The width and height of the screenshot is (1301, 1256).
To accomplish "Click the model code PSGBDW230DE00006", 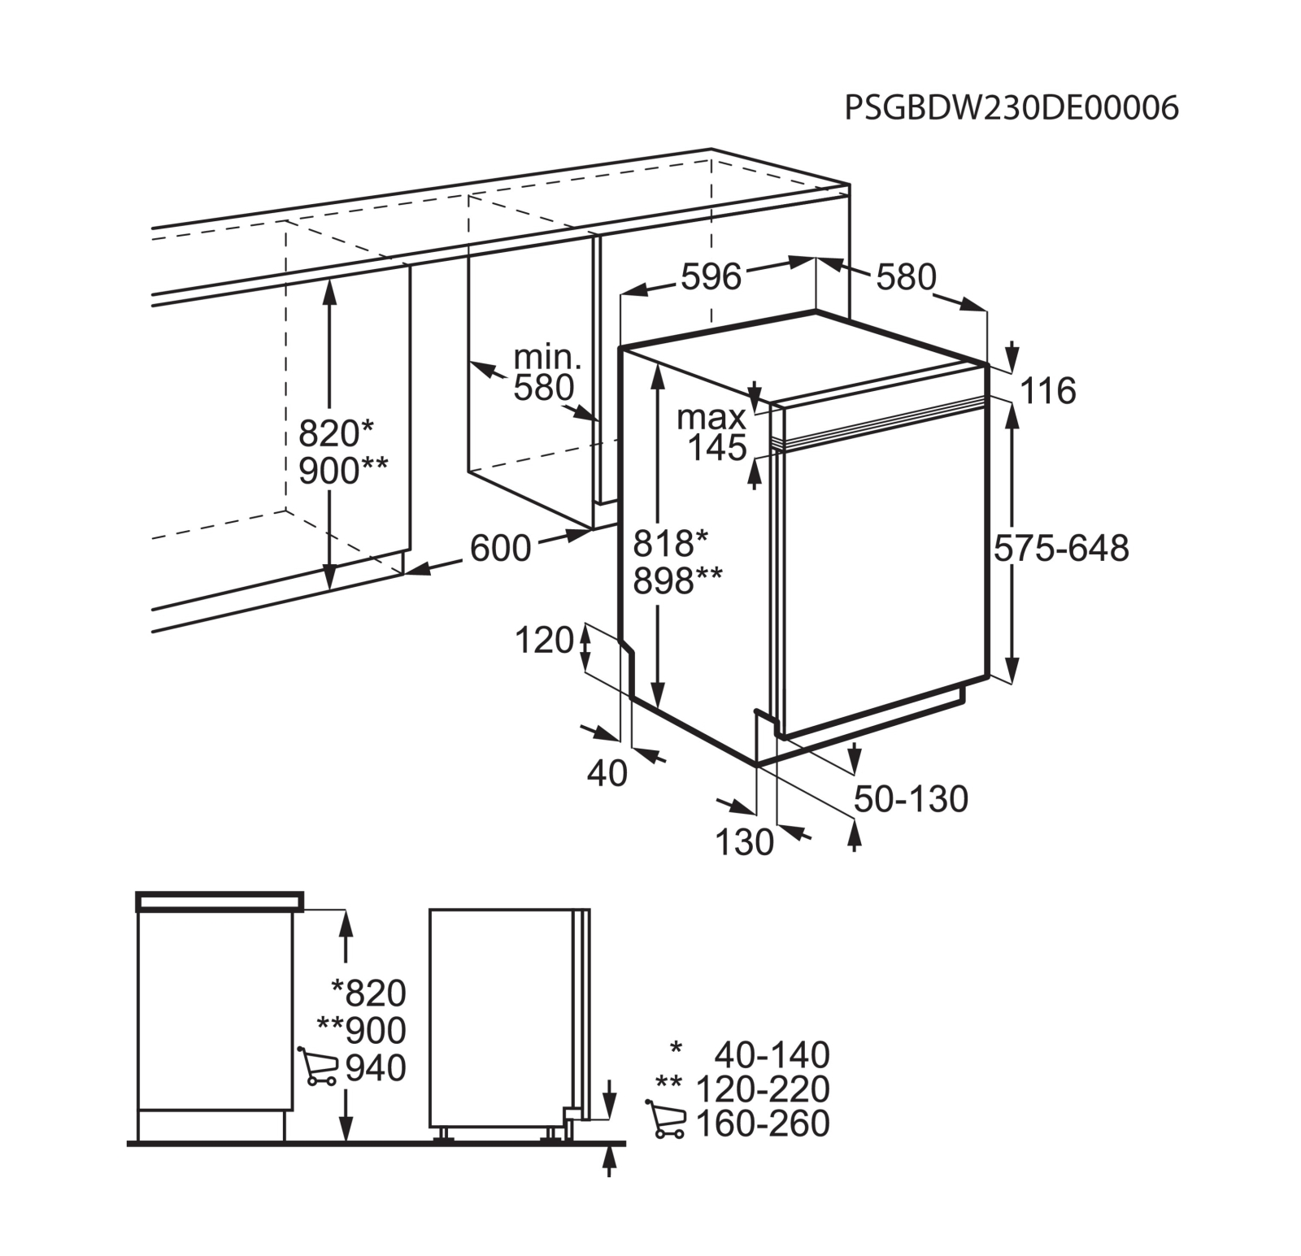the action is click(x=1012, y=107).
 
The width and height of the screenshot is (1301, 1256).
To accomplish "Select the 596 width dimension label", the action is click(x=711, y=277).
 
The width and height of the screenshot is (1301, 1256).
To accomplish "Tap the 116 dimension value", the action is click(x=1048, y=391).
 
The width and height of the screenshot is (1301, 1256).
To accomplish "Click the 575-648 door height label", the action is click(x=1061, y=549).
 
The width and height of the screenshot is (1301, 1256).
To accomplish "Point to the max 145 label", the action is click(x=712, y=432).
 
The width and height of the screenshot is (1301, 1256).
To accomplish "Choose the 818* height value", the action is click(x=671, y=543).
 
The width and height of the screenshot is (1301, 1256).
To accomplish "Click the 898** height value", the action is click(x=677, y=580).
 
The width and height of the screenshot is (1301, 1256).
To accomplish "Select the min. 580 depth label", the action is click(x=546, y=373).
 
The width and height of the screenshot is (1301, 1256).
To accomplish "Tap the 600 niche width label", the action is click(x=500, y=549).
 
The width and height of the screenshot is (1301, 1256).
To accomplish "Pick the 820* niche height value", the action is click(x=336, y=433).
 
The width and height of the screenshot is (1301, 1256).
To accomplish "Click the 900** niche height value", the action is click(x=343, y=471).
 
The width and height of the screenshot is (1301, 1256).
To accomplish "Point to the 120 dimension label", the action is click(x=545, y=641).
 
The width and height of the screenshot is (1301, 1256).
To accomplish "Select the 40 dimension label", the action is click(x=607, y=774).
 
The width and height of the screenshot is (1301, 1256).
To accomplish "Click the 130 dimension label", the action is click(x=744, y=843).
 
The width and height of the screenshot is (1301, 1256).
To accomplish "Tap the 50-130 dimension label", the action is click(x=911, y=800).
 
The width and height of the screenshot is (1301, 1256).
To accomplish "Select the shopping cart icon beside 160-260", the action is click(x=665, y=1119).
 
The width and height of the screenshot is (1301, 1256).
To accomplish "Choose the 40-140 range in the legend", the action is click(x=772, y=1055).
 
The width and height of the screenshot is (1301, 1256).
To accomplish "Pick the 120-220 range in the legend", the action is click(x=763, y=1089).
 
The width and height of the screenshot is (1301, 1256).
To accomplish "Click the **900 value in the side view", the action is click(x=361, y=1031).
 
